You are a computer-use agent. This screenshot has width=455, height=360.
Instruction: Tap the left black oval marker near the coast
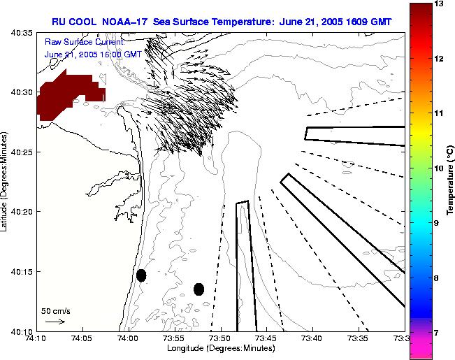pyautogui.click(x=141, y=275)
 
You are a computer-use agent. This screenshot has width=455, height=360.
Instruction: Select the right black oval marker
pyautogui.click(x=198, y=289)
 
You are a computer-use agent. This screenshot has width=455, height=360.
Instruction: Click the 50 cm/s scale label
pyautogui.click(x=56, y=310)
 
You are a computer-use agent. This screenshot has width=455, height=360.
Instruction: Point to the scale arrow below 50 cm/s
pyautogui.click(x=55, y=322)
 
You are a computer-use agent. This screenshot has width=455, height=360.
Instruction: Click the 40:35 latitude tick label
pyautogui.click(x=23, y=33)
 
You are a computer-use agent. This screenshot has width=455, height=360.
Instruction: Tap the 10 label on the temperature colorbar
pyautogui.click(x=440, y=168)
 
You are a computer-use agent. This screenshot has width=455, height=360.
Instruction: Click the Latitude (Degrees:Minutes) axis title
pyautogui.click(x=6, y=182)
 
